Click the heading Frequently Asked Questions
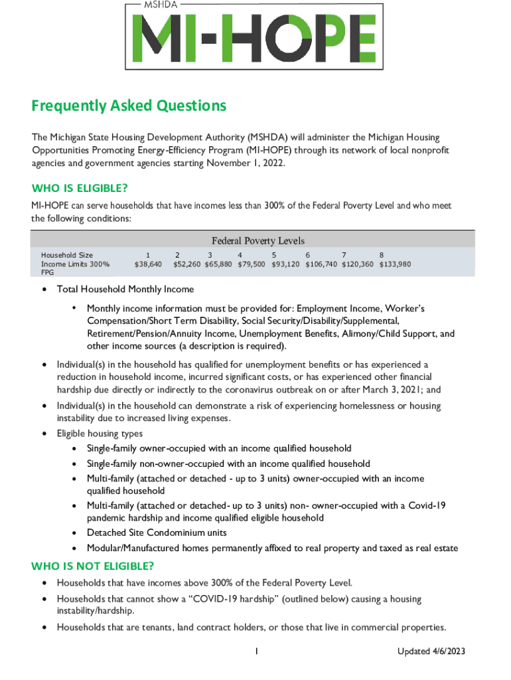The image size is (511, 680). [129, 106]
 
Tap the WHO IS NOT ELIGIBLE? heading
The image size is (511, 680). [93, 566]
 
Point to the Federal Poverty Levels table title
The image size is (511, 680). [257, 240]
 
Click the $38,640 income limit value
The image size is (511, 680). [148, 264]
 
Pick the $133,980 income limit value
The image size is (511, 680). [395, 264]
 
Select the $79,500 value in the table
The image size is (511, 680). [252, 264]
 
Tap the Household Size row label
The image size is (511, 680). [67, 255]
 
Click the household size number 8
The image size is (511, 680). [382, 255]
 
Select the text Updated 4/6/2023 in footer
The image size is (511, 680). [431, 651]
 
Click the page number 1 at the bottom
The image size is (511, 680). [256, 651]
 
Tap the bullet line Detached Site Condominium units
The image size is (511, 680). [157, 533]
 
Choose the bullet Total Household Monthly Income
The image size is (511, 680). [125, 289]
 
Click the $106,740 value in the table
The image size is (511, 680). [321, 264]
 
